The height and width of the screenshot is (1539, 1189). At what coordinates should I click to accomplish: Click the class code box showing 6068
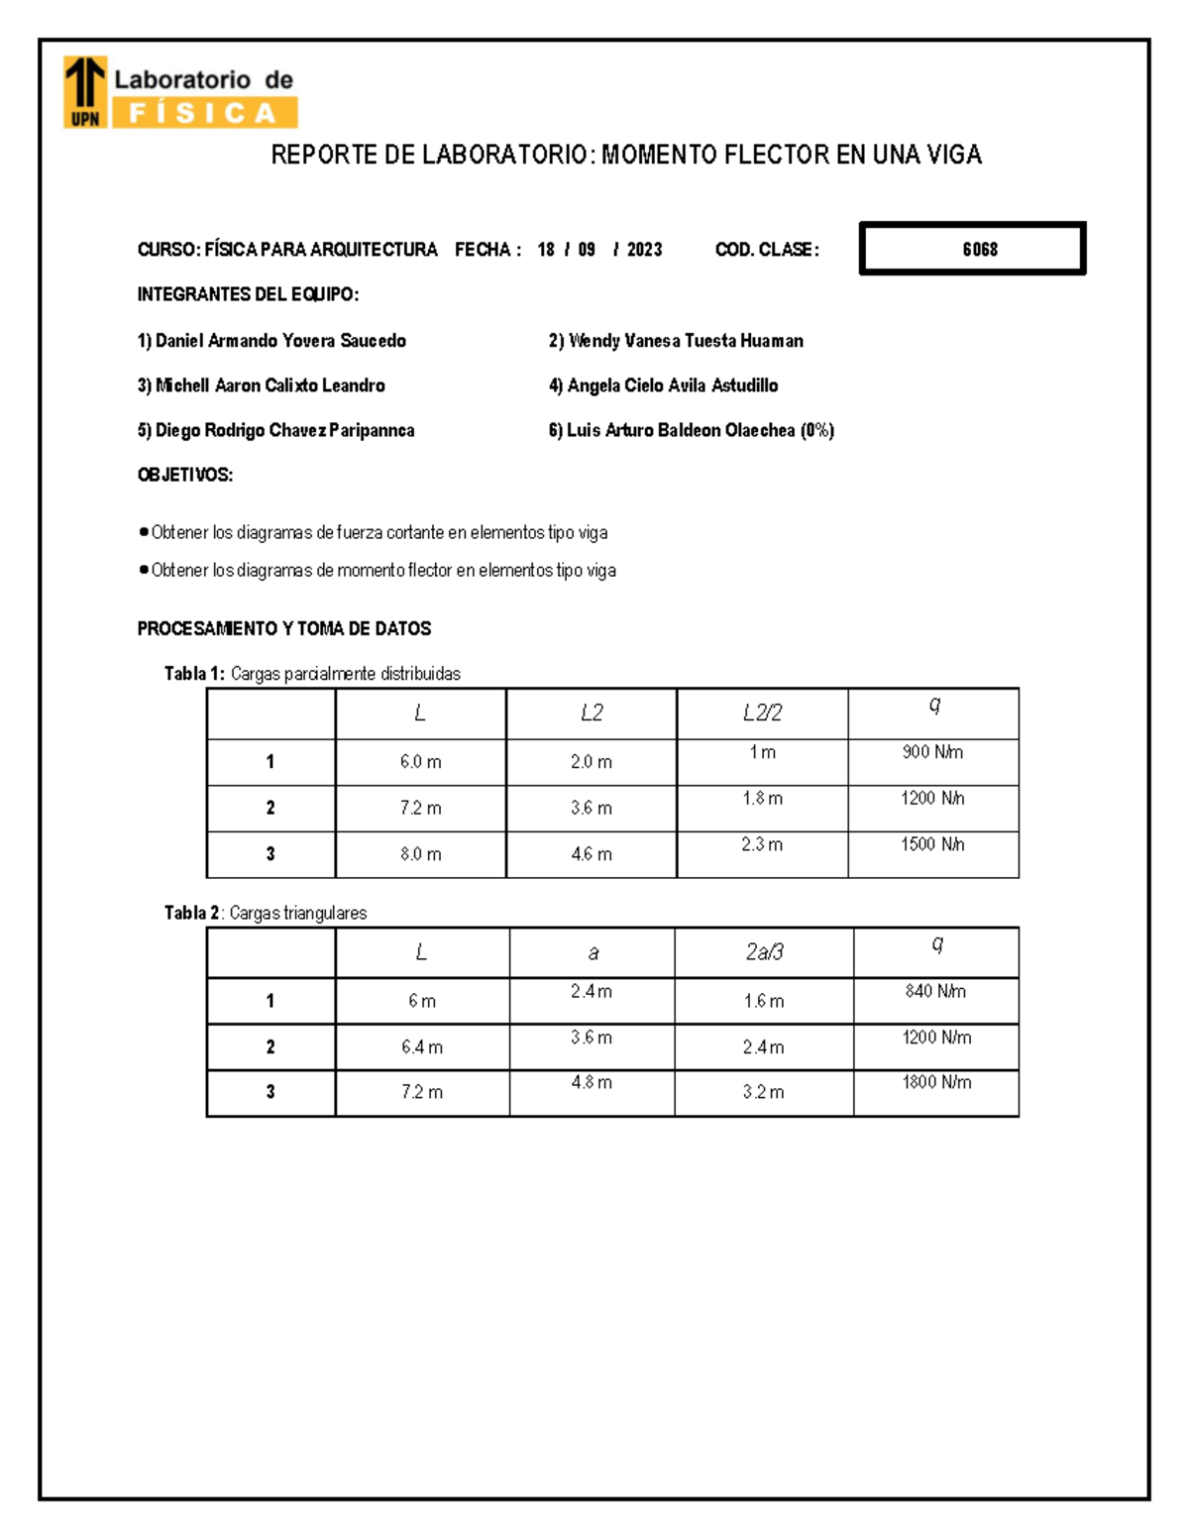(973, 249)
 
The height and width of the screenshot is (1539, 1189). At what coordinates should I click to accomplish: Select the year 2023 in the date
(644, 250)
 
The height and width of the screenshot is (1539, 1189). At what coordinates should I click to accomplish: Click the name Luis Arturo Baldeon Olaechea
(681, 430)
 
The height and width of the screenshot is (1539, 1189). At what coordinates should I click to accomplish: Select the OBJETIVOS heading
(185, 475)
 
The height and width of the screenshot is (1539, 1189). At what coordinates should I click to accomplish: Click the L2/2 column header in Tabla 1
(762, 713)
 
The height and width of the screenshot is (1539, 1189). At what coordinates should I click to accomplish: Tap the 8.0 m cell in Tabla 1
(420, 854)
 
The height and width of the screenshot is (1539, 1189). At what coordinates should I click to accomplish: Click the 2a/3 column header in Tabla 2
(764, 952)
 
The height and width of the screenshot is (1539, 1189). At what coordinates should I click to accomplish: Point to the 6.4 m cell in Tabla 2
(422, 1046)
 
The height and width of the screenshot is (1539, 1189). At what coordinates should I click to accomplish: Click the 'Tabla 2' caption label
(192, 913)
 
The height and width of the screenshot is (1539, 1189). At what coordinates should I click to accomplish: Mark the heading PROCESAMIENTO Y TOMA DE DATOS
(284, 628)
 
